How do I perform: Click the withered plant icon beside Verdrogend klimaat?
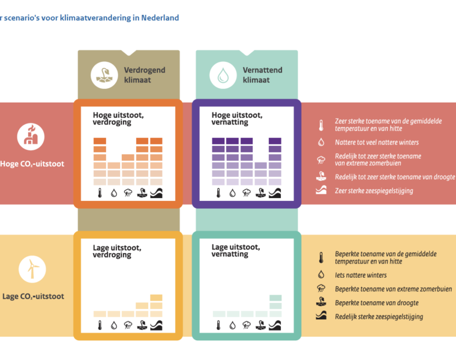pyautogui.click(x=104, y=76)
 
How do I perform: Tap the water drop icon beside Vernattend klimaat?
pyautogui.click(x=223, y=76)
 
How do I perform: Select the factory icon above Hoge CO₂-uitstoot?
pyautogui.click(x=31, y=137)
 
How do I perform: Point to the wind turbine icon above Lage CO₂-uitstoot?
pyautogui.click(x=32, y=269)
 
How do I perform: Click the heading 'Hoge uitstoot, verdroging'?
pyautogui.click(x=118, y=119)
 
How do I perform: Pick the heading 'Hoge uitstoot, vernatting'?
pyautogui.click(x=237, y=119)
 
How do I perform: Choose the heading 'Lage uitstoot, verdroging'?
pyautogui.click(x=117, y=251)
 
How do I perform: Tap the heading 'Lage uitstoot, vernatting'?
pyautogui.click(x=236, y=251)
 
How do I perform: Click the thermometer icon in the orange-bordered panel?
pyautogui.click(x=100, y=193)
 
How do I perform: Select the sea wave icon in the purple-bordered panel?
pyautogui.click(x=275, y=193)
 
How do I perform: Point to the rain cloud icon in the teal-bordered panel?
pyautogui.click(x=247, y=325)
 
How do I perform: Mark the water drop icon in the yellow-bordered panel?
pyautogui.click(x=114, y=325)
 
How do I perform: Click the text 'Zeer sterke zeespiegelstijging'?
pyautogui.click(x=374, y=191)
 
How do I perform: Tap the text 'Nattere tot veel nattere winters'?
pyautogui.click(x=377, y=142)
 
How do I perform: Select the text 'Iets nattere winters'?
pyautogui.click(x=361, y=275)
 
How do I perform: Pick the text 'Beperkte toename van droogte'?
pyautogui.click(x=377, y=303)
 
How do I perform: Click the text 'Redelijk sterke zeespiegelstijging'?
pyautogui.click(x=379, y=317)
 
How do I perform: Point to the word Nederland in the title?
pyautogui.click(x=160, y=18)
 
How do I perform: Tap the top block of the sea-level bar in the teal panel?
pyautogui.click(x=275, y=298)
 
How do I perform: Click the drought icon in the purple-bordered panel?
pyautogui.click(x=260, y=193)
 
